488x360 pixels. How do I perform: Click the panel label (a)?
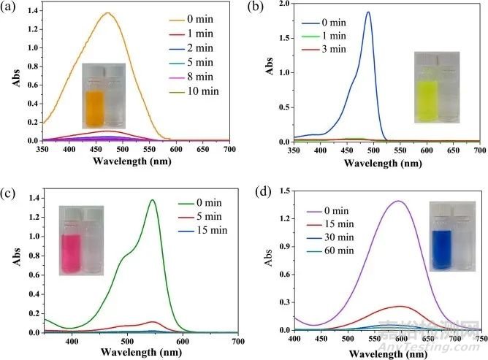(x=10, y=8)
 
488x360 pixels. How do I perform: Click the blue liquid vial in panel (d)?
(x=441, y=248)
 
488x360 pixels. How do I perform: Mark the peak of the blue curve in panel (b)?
(x=368, y=12)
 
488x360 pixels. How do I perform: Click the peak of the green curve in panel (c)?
(x=153, y=200)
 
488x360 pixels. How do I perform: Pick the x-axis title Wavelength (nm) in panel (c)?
(x=143, y=353)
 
